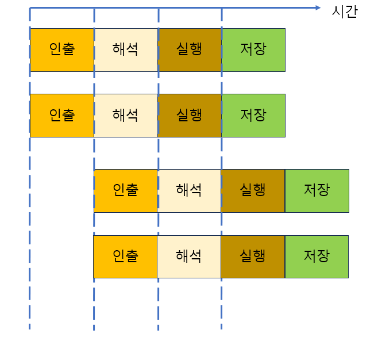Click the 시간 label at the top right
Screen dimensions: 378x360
pyautogui.click(x=345, y=11)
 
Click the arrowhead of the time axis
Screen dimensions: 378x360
pyautogui.click(x=317, y=7)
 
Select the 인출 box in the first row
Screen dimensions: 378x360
pyautogui.click(x=62, y=49)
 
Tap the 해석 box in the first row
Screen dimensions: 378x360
pyautogui.click(x=126, y=49)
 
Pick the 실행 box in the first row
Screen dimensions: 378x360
pyautogui.click(x=190, y=49)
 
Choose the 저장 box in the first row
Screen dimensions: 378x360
pyautogui.click(x=253, y=49)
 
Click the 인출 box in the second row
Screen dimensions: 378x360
pyautogui.click(x=62, y=115)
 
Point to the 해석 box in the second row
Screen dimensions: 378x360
pyautogui.click(x=126, y=115)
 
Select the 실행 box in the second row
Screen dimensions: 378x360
pyautogui.click(x=190, y=115)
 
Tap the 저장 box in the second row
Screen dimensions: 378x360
pyautogui.click(x=253, y=115)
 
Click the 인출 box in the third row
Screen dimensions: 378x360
pyautogui.click(x=125, y=190)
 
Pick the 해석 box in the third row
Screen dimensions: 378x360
pyautogui.click(x=189, y=190)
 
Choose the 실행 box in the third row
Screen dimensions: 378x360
pyautogui.click(x=253, y=190)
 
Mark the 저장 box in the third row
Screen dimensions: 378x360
pyautogui.click(x=317, y=190)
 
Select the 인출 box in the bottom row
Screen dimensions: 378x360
pyautogui.click(x=125, y=256)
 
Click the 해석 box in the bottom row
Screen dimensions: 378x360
pyautogui.click(x=189, y=256)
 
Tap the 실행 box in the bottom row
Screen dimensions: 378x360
pyautogui.click(x=253, y=256)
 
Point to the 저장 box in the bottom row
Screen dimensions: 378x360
pyautogui.click(x=317, y=256)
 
